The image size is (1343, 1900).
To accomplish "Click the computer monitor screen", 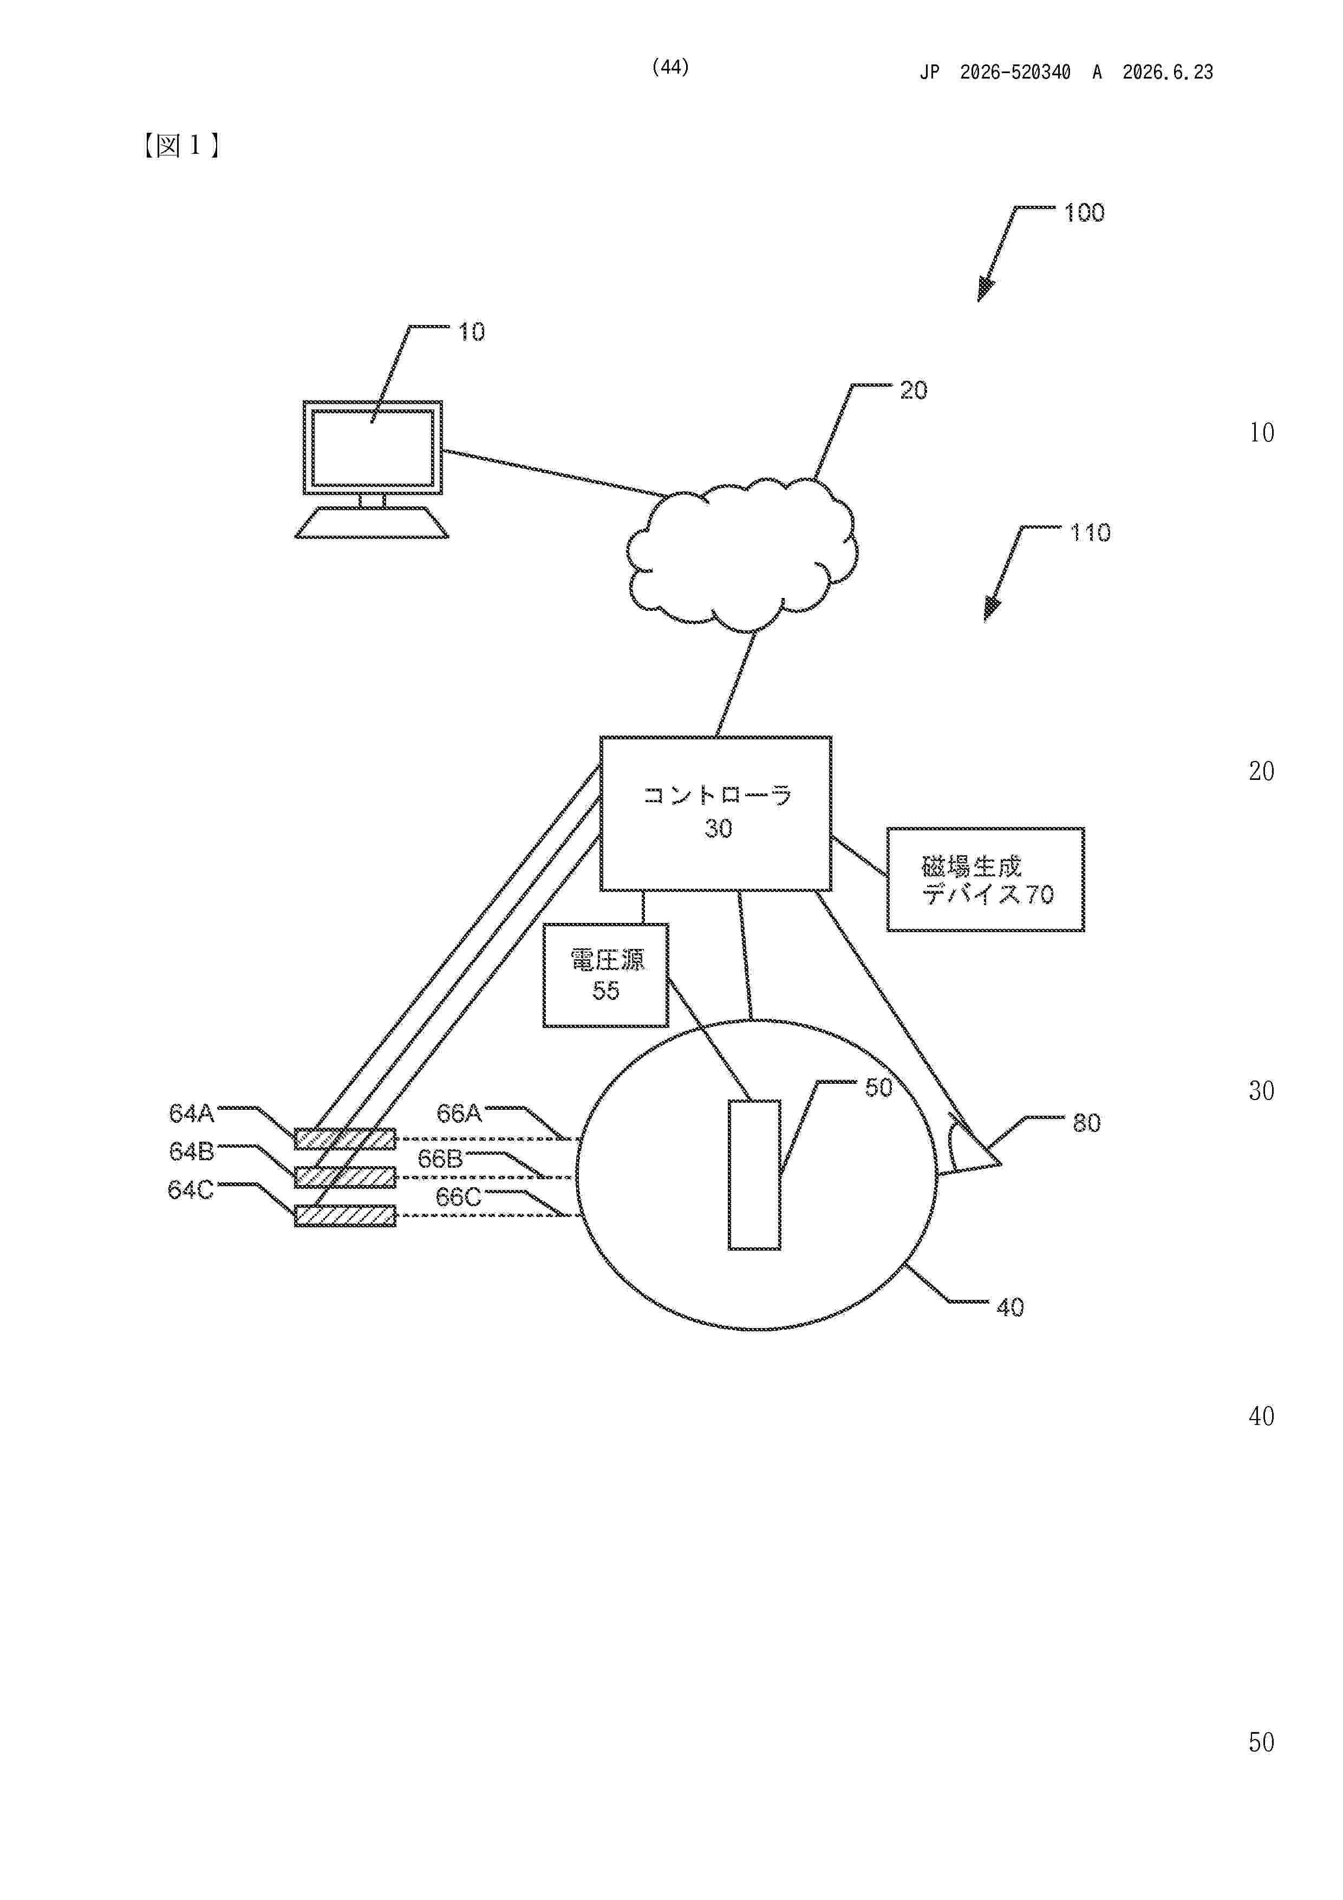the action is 373,448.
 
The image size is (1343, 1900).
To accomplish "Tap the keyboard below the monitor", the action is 371,523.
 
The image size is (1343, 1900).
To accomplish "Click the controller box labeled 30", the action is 716,814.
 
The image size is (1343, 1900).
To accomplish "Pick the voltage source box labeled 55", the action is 606,975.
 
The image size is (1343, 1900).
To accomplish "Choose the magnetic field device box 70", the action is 986,880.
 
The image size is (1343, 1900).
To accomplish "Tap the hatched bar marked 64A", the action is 345,1140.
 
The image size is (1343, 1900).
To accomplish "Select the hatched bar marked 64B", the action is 345,1177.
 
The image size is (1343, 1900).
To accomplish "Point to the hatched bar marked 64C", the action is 345,1215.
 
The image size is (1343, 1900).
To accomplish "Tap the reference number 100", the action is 1084,213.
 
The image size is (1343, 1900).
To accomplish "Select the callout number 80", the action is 1086,1123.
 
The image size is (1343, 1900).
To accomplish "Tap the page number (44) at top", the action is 670,68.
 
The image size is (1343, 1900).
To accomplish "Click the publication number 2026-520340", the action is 1015,73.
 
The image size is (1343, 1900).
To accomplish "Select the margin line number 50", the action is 1261,1743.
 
